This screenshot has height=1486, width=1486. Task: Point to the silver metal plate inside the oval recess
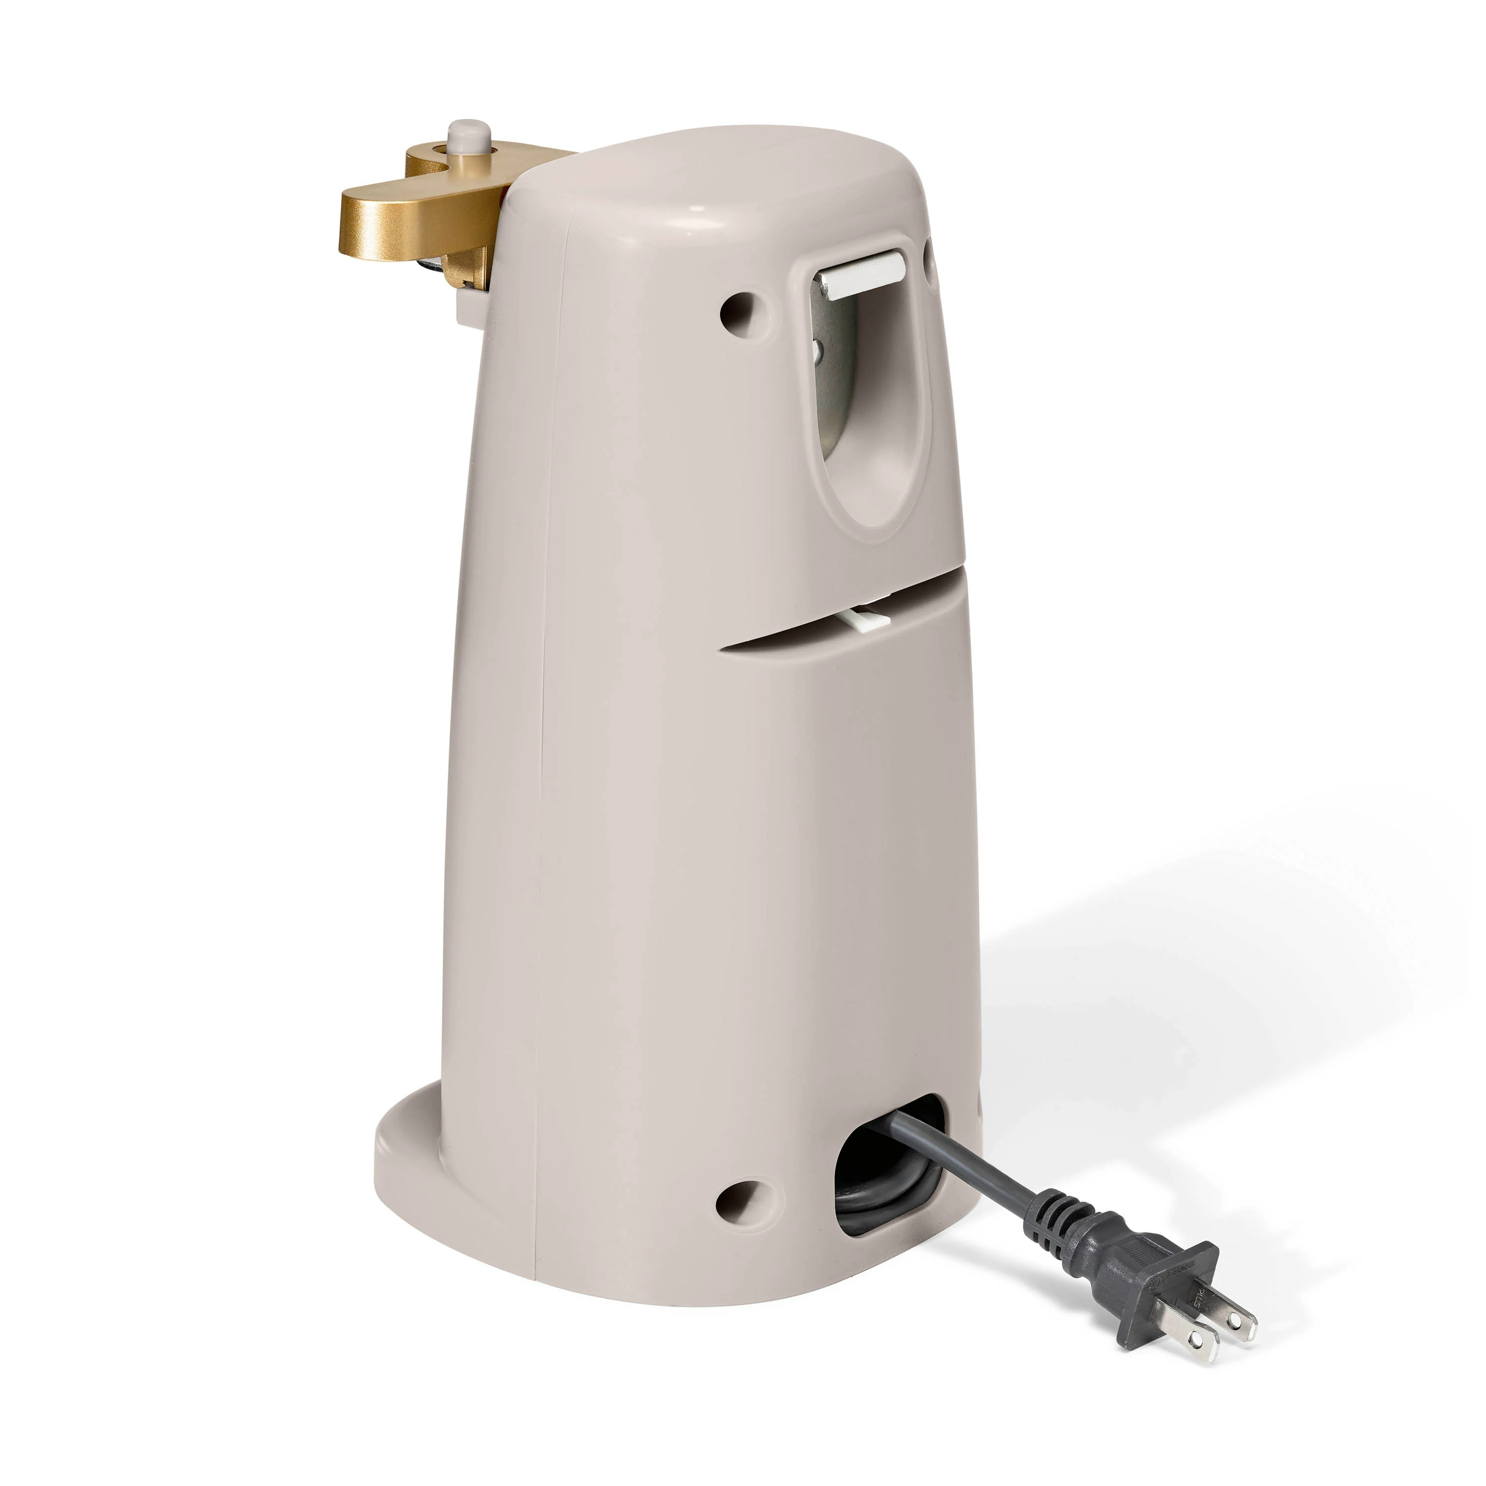(x=836, y=362)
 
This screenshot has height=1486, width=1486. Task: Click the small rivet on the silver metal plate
(x=817, y=353)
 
